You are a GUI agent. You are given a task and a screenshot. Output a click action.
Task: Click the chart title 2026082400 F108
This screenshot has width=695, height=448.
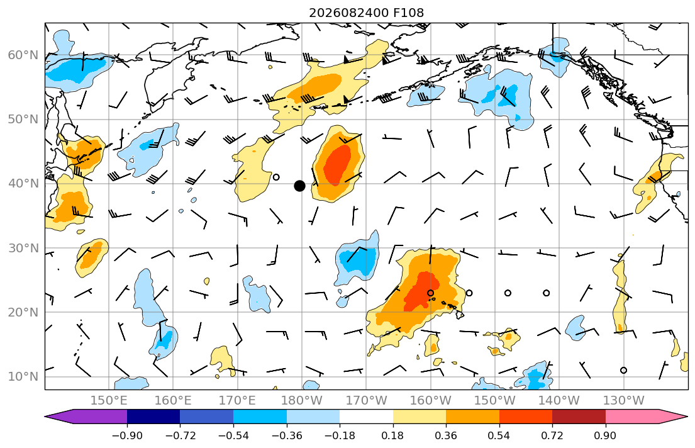(x=366, y=13)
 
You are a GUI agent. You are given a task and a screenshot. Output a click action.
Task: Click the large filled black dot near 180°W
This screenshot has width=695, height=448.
(x=299, y=186)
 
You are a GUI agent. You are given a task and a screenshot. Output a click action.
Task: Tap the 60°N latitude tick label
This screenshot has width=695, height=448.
(x=23, y=55)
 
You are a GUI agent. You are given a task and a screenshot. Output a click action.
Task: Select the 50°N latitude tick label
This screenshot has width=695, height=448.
(x=23, y=120)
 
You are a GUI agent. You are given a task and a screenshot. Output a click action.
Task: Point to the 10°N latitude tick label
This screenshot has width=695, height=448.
(x=23, y=377)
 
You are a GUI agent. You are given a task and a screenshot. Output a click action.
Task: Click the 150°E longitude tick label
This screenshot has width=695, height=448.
(x=109, y=401)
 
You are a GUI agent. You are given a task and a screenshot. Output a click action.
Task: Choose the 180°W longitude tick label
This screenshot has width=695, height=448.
(x=302, y=401)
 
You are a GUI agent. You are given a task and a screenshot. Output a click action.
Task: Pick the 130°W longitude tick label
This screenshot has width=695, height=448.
(x=624, y=401)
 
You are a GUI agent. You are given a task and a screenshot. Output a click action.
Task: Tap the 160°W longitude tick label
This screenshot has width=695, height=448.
(x=430, y=401)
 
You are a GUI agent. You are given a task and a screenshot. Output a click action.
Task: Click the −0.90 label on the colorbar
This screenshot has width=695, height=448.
(x=127, y=435)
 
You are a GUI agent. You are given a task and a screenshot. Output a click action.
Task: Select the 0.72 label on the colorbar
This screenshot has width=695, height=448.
(x=552, y=435)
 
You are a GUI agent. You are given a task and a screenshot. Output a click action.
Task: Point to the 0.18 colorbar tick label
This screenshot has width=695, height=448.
(x=392, y=435)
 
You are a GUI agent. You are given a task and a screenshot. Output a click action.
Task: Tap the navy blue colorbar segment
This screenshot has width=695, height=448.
(x=153, y=417)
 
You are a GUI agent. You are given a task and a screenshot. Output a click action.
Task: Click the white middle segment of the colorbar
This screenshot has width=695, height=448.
(x=366, y=417)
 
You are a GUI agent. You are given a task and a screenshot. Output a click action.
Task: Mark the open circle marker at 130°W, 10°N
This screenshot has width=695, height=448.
(x=624, y=371)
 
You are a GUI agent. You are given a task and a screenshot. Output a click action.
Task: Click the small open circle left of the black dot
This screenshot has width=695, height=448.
(x=276, y=177)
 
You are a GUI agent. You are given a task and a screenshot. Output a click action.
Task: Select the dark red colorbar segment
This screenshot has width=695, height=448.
(x=579, y=417)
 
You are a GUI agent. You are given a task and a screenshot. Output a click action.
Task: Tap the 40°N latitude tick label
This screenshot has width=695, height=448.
(x=23, y=184)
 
